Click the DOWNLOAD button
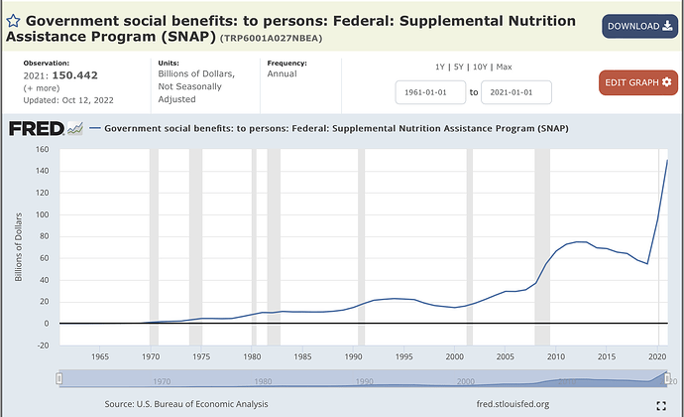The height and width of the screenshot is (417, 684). pyautogui.click(x=638, y=26)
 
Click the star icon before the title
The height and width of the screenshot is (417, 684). pyautogui.click(x=15, y=21)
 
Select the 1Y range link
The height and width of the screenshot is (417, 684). pyautogui.click(x=441, y=67)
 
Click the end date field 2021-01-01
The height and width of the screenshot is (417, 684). pyautogui.click(x=515, y=92)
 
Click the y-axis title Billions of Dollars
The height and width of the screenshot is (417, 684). pyautogui.click(x=18, y=245)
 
